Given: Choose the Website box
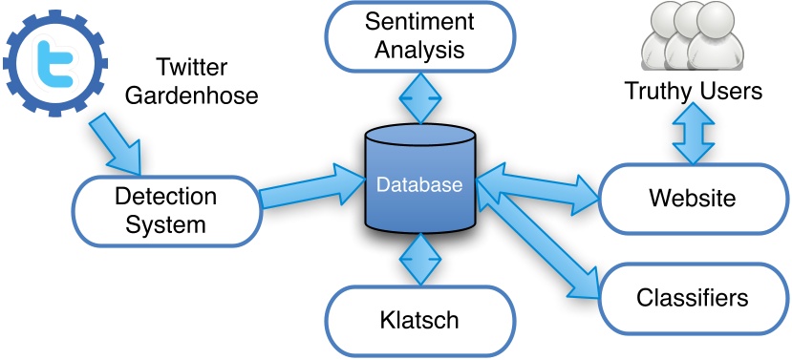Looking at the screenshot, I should (692, 199).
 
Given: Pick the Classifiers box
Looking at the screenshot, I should (692, 297).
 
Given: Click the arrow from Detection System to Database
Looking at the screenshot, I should (306, 186).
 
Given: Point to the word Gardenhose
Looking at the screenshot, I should (206, 96).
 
